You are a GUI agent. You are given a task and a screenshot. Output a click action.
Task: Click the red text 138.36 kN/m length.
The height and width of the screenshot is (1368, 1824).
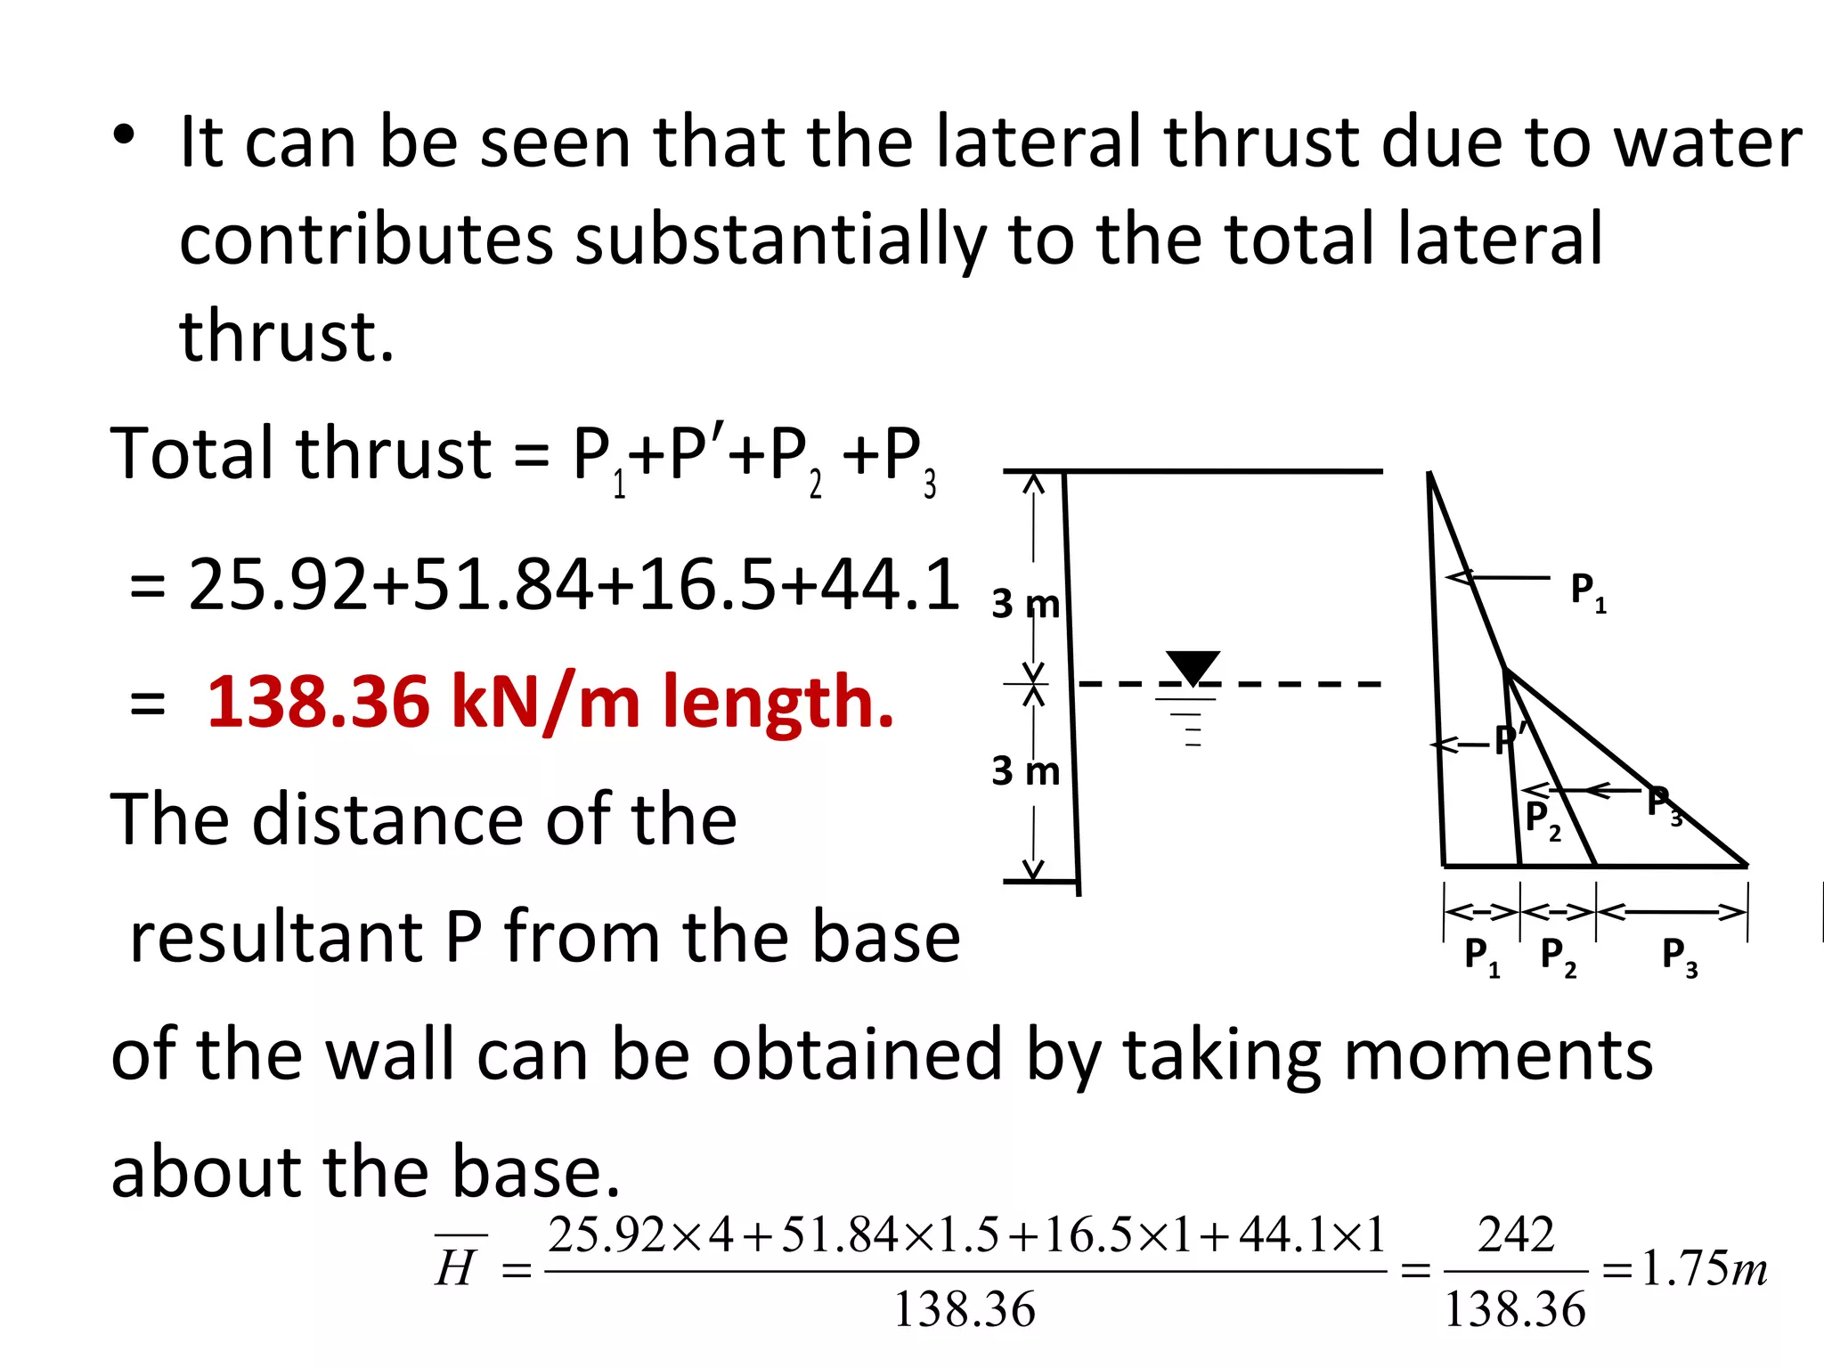[550, 703]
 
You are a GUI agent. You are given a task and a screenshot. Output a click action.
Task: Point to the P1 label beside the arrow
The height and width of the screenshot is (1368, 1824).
[1588, 590]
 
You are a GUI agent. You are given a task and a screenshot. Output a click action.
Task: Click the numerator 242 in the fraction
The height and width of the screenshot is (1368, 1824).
[1516, 1235]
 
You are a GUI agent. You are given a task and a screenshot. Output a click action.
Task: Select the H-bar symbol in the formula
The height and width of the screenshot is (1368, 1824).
[458, 1265]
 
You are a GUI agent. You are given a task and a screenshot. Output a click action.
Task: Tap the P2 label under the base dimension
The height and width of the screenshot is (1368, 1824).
[1558, 957]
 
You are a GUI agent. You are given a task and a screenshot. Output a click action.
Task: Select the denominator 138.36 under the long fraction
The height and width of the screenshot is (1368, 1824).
[965, 1309]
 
